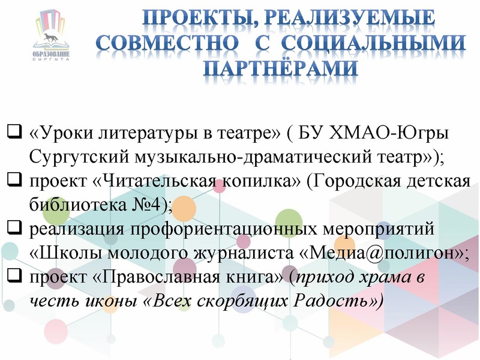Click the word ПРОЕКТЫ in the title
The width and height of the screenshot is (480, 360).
click(x=191, y=18)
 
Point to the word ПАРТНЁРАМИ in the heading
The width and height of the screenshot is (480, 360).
click(x=280, y=68)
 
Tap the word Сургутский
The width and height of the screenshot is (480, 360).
click(x=72, y=157)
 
